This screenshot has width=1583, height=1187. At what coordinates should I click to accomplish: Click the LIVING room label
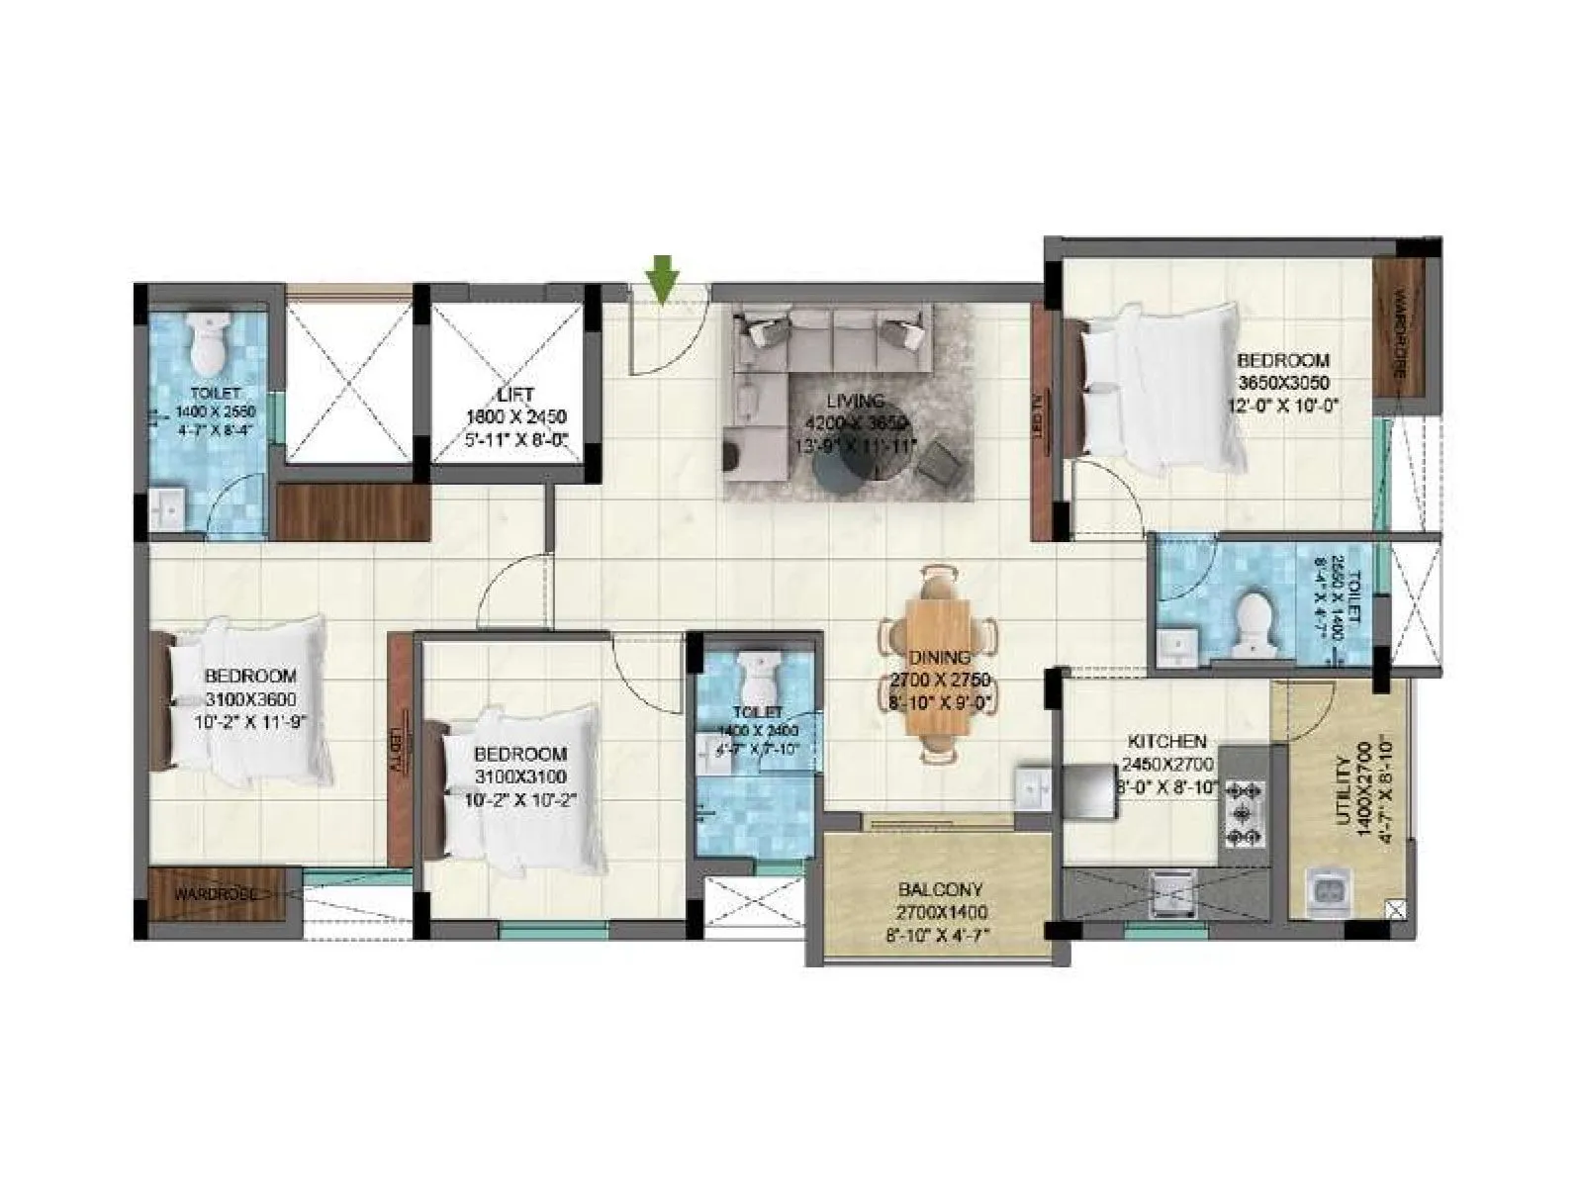coord(856,401)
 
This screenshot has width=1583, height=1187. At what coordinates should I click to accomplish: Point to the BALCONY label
coord(940,888)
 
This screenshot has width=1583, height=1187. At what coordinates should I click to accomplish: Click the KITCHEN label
coord(1167,741)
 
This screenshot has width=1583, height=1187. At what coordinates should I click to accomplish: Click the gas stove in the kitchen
coord(1245,814)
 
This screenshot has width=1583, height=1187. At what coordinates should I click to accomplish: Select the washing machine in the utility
coord(1327,888)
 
